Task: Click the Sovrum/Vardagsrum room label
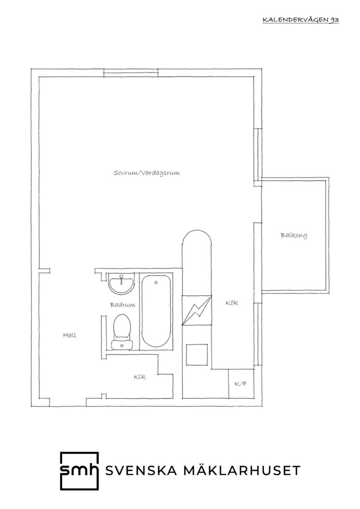point(147,172)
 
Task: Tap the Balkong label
point(294,235)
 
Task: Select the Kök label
point(232,303)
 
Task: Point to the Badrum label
point(123,305)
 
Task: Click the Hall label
point(70,335)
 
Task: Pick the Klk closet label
point(139,377)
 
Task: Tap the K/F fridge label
point(241,384)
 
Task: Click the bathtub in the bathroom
point(156,312)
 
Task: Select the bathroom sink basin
point(122,285)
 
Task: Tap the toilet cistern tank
point(122,345)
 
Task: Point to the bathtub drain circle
point(156,282)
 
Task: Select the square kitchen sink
point(196,354)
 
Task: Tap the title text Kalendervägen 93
point(301,20)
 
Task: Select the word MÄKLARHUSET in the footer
point(242,470)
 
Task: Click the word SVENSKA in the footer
point(141,470)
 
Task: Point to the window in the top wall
point(131,73)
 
